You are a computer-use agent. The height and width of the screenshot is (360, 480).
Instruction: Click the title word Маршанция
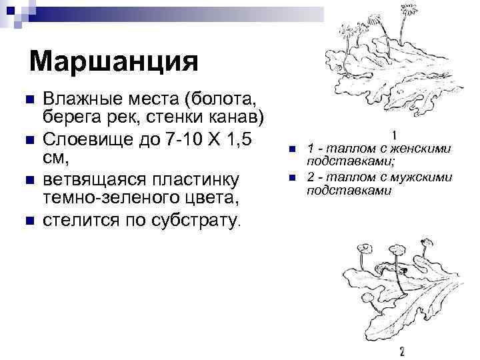coord(114,63)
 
